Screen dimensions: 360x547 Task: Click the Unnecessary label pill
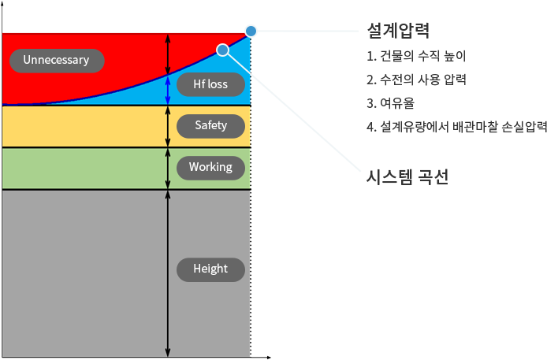tap(56, 60)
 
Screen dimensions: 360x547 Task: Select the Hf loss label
tap(210, 84)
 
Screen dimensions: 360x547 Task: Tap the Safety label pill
tap(210, 125)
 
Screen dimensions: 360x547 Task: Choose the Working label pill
tap(210, 167)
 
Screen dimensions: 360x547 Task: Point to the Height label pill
tap(210, 269)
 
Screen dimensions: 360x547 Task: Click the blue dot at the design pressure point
tap(251, 31)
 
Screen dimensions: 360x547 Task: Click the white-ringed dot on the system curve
tap(223, 50)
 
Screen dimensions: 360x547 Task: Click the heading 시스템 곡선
tap(407, 176)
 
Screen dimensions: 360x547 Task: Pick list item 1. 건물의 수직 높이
tap(416, 57)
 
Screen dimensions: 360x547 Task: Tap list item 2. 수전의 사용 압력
tap(416, 80)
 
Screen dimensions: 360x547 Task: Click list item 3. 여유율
tap(391, 102)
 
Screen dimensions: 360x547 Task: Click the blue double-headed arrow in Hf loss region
tap(168, 90)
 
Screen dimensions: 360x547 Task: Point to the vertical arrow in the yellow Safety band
tap(168, 126)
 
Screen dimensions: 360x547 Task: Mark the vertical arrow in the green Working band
tap(168, 168)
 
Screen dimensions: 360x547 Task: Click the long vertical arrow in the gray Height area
tap(168, 272)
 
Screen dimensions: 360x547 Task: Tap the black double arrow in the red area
tap(168, 54)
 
